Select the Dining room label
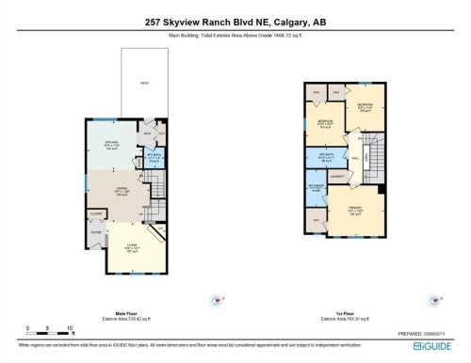click(x=121, y=189)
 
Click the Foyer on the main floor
click(x=96, y=231)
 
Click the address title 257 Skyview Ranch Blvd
click(x=235, y=21)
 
